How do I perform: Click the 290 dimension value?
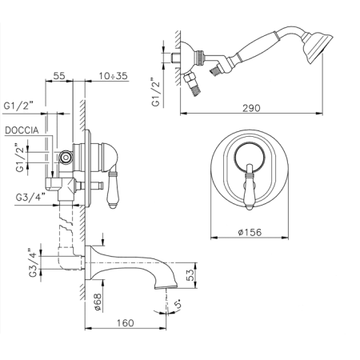coord(251,108)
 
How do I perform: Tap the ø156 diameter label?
coord(250,232)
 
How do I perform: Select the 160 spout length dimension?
coord(125,323)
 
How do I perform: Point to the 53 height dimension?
coord(190,275)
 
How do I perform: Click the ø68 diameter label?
coord(98,302)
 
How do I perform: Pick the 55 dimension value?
coord(59,76)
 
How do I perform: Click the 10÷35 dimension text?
coord(114,76)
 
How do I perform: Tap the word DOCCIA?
coord(22,130)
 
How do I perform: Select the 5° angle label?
coord(179,304)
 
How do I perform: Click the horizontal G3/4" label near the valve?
coord(30,198)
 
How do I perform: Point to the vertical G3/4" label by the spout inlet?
coord(33,262)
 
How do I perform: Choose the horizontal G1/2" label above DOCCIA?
coord(18,106)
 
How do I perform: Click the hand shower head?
coord(318,48)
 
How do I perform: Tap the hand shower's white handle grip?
coord(257,48)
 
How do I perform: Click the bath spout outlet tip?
coord(166,286)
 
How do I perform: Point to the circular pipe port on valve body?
coord(66,158)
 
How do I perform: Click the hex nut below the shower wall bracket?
coord(190,79)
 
